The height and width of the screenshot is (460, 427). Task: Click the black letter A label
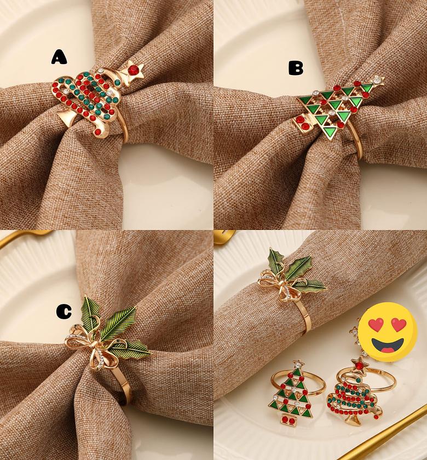point(59,56)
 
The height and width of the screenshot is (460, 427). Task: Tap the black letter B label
point(296,68)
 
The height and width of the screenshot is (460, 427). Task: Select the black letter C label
point(64,312)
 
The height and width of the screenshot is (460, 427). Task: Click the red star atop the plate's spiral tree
point(359,362)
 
